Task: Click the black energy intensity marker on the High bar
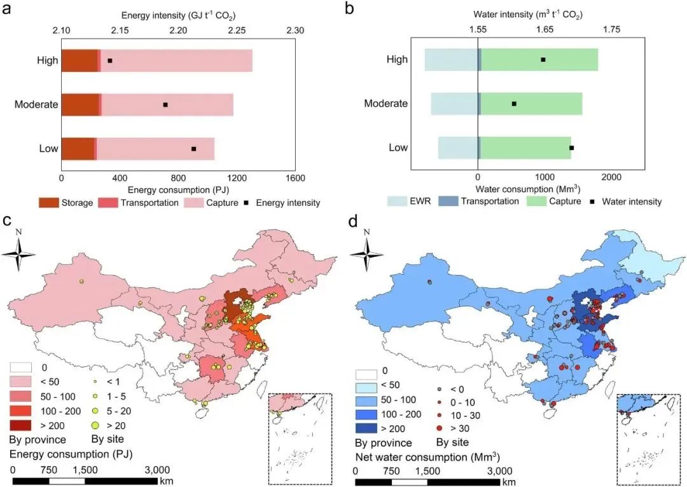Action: click(x=110, y=61)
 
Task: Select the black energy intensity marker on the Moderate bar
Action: click(x=165, y=104)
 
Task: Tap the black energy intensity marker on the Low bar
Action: click(x=194, y=149)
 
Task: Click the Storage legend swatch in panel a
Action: click(x=48, y=203)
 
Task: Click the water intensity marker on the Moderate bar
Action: click(x=514, y=103)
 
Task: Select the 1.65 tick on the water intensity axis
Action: click(x=545, y=30)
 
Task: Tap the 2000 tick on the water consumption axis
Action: click(x=611, y=176)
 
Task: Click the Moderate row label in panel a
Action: click(x=37, y=104)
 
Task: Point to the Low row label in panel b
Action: click(x=398, y=147)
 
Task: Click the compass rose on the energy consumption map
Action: click(x=18, y=254)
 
